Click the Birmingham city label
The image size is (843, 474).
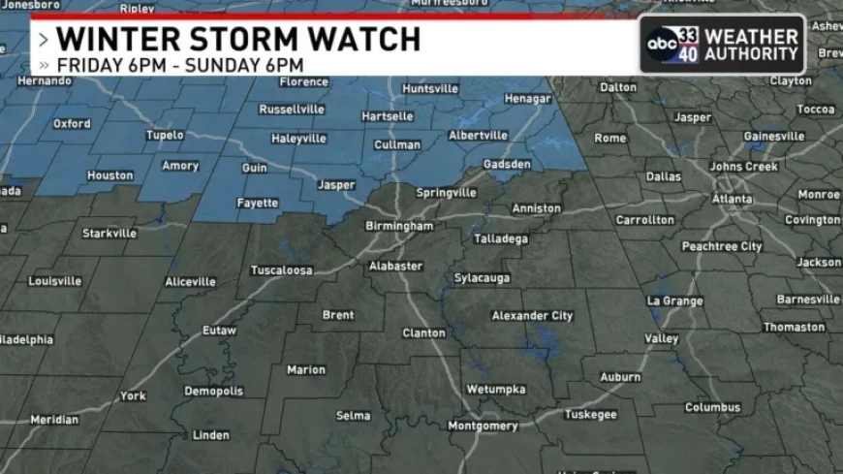(399, 226)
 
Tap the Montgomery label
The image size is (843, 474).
(483, 426)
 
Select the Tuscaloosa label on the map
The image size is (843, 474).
(281, 270)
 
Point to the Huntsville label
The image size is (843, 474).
(429, 88)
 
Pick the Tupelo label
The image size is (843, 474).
(164, 135)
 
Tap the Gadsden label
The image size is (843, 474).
(507, 164)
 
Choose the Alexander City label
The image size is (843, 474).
(532, 316)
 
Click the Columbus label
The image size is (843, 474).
(712, 407)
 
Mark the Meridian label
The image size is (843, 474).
(54, 420)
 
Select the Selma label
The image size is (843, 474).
(353, 416)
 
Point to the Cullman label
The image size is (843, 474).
(397, 144)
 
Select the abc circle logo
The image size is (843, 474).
(663, 44)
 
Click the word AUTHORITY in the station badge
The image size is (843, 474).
(751, 54)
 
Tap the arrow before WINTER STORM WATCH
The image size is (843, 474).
(44, 41)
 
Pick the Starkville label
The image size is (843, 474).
(109, 233)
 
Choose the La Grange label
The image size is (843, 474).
(675, 300)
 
